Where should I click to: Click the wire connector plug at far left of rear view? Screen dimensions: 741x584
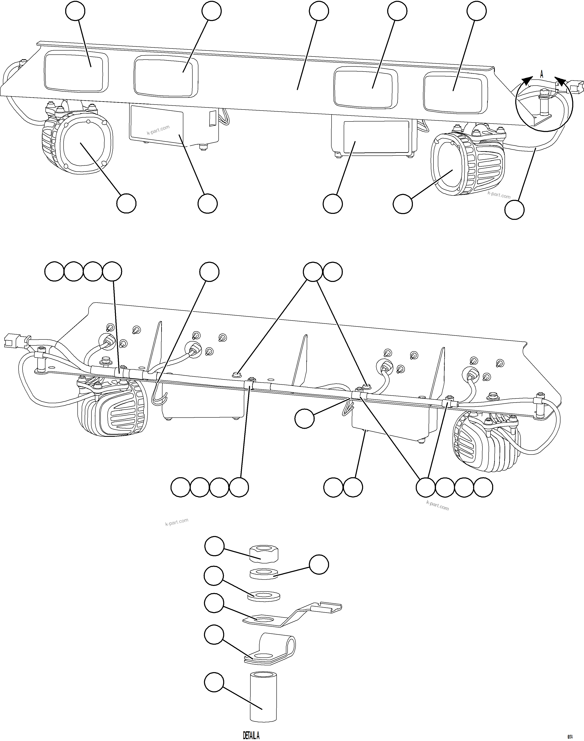[10, 341]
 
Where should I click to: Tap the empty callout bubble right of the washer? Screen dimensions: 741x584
[319, 565]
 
